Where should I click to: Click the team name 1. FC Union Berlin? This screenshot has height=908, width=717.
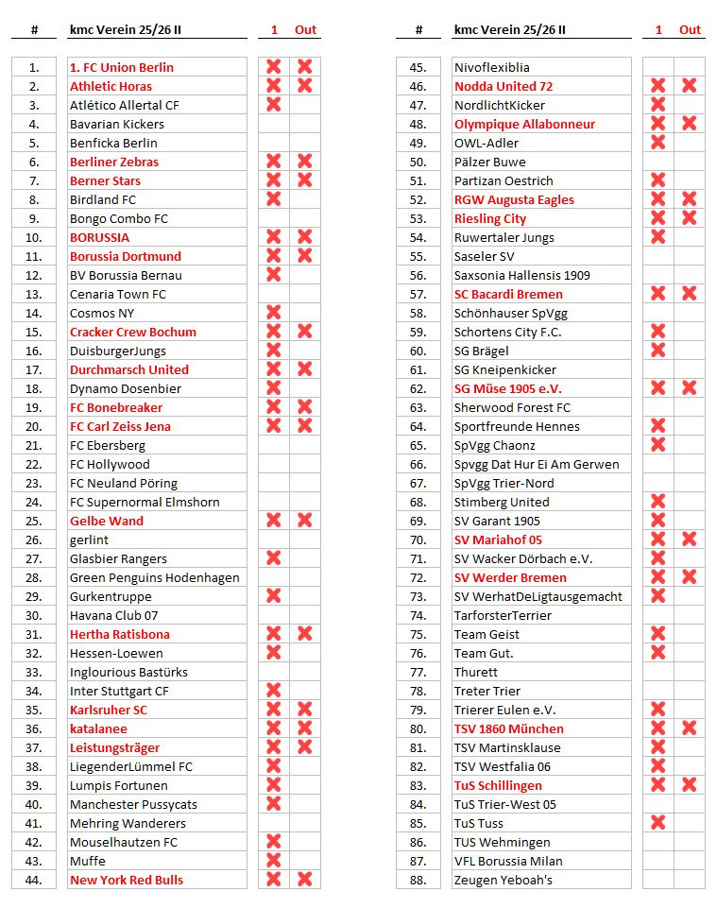click(x=121, y=67)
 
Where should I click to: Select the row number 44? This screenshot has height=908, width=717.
click(x=34, y=880)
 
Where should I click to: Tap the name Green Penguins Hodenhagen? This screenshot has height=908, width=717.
click(x=154, y=577)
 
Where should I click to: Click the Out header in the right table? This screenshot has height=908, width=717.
click(x=690, y=29)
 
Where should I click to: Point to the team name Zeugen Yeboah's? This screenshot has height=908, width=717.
click(x=503, y=880)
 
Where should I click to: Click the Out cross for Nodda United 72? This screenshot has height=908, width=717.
click(x=690, y=86)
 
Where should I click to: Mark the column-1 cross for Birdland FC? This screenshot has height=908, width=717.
click(x=274, y=199)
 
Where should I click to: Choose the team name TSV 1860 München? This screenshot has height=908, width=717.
click(x=508, y=728)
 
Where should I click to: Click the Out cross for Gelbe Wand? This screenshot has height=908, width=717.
click(x=305, y=521)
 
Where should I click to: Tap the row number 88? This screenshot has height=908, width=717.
click(x=418, y=880)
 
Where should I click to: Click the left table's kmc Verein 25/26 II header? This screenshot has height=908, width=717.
click(x=126, y=29)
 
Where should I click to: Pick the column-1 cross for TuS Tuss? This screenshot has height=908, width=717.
click(x=658, y=823)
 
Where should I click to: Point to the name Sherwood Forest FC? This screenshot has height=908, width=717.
click(x=512, y=407)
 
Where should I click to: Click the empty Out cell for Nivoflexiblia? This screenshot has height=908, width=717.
click(x=690, y=67)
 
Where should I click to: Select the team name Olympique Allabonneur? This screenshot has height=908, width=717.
click(x=524, y=124)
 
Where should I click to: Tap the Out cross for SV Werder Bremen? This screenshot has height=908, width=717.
click(x=690, y=577)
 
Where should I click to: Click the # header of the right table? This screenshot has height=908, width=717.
click(x=418, y=29)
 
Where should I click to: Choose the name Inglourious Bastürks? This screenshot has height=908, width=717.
click(x=128, y=672)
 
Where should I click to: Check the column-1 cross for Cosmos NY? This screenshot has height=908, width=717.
click(x=274, y=313)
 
